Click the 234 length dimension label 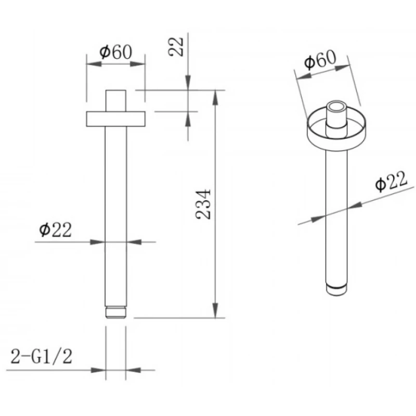pyautogui.click(x=203, y=204)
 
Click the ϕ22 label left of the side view pyautogui.click(x=56, y=229)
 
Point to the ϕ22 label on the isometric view pyautogui.click(x=391, y=181)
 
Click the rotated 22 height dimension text pyautogui.click(x=176, y=47)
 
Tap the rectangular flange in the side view pyautogui.click(x=115, y=119)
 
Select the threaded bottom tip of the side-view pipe pyautogui.click(x=115, y=313)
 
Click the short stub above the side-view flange pyautogui.click(x=115, y=101)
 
